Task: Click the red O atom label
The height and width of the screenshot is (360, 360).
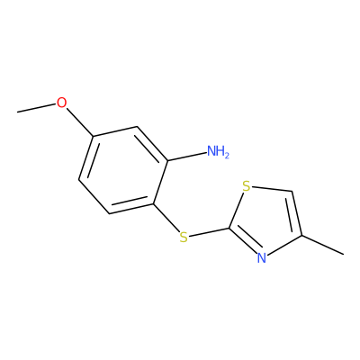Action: (x=61, y=103)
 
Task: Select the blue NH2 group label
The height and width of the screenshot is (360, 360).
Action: (x=218, y=151)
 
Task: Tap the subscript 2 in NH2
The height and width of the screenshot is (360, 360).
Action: (x=227, y=155)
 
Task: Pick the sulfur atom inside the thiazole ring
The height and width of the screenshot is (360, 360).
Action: (x=247, y=186)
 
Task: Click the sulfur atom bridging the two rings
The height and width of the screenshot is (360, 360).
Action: (x=184, y=237)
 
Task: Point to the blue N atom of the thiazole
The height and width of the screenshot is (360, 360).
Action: (x=262, y=258)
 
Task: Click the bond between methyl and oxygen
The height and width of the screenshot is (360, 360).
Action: (x=37, y=108)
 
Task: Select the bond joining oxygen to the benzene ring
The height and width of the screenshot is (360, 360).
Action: (x=80, y=122)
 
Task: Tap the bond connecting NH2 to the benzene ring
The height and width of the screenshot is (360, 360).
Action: (x=187, y=157)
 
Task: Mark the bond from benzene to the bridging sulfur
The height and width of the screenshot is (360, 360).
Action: (x=166, y=219)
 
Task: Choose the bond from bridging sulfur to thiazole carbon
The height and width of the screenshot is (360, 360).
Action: (x=209, y=232)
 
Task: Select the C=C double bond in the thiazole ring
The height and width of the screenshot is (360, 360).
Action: (x=295, y=213)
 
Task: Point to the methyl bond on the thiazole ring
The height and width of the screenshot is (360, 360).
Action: (x=322, y=245)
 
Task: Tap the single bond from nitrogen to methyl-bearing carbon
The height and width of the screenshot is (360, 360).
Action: (x=283, y=245)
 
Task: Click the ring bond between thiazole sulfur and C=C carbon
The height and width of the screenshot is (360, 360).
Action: (x=272, y=189)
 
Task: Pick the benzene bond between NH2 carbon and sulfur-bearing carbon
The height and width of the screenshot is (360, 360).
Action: (x=160, y=183)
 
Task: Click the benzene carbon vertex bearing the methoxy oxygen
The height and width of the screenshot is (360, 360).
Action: (x=94, y=137)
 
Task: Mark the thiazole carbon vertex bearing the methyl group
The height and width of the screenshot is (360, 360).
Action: (x=301, y=236)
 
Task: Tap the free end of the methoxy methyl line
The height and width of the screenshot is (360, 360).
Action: (x=17, y=112)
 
